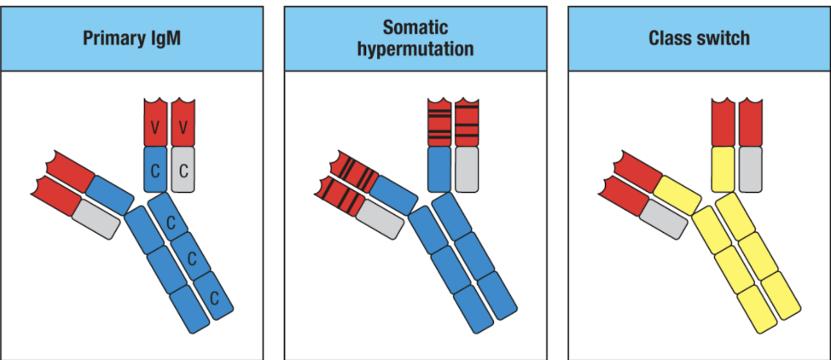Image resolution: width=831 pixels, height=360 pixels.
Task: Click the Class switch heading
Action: pos(699,38)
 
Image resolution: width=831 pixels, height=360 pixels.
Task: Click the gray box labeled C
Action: pos(183,169)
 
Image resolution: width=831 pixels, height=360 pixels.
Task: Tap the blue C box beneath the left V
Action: pos(156,169)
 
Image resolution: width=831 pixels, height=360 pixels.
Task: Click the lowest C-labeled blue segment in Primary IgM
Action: pos(214,299)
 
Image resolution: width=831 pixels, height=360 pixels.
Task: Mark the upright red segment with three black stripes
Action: pos(439,124)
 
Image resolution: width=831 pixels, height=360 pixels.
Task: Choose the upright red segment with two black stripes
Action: pos(467,124)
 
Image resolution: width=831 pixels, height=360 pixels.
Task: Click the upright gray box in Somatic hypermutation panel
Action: pos(467,169)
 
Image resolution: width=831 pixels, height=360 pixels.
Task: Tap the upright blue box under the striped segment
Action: pos(439,169)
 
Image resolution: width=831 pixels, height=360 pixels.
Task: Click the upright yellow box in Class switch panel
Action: pos(723,169)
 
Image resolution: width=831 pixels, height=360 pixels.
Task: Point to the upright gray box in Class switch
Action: pos(750,169)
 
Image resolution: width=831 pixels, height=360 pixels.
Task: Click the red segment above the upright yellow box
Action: pos(723,124)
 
